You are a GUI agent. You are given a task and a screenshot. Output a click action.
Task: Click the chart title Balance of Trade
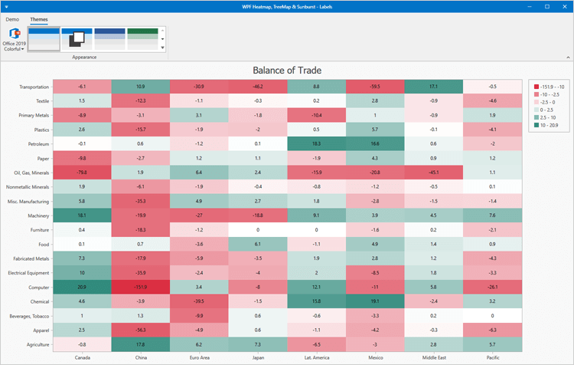(287, 70)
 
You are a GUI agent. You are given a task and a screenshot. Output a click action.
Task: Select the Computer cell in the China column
(140, 287)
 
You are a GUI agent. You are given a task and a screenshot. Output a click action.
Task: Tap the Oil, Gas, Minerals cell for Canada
(82, 172)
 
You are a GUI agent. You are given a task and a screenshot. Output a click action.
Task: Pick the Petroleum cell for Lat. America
(316, 143)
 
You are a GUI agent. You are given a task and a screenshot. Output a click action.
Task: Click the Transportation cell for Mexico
(374, 86)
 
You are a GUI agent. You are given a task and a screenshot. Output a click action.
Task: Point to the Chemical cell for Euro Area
(199, 301)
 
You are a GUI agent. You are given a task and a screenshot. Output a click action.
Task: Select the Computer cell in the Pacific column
(491, 287)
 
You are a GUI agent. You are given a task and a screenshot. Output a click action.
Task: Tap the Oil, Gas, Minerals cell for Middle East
(432, 172)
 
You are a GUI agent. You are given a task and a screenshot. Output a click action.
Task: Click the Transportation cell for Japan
(257, 86)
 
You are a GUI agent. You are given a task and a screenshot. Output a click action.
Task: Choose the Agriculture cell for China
(140, 344)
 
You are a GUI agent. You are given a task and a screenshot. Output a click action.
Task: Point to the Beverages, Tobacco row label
(28, 316)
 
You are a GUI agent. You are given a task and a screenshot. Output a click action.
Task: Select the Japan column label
(257, 357)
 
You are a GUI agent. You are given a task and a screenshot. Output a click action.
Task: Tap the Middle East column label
(432, 357)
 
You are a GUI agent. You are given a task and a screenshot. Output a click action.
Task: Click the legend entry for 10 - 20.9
(548, 123)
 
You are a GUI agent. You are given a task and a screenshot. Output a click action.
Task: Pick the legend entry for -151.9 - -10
(548, 86)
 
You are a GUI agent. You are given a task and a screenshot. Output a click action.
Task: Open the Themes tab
(38, 18)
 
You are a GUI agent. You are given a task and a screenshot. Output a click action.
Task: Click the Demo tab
(12, 18)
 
